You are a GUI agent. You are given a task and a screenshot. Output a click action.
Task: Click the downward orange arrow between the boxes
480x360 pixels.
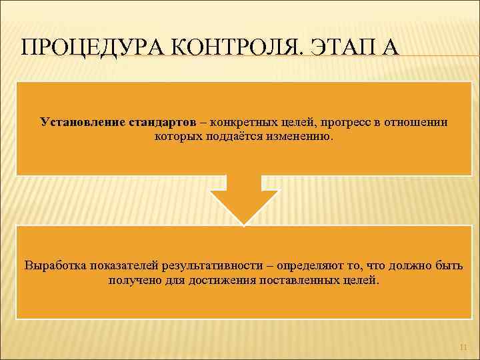coord(244,199)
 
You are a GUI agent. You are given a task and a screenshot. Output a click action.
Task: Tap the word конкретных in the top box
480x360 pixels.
coord(241,123)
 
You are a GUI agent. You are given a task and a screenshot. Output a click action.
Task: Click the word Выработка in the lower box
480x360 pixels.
coord(54,265)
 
